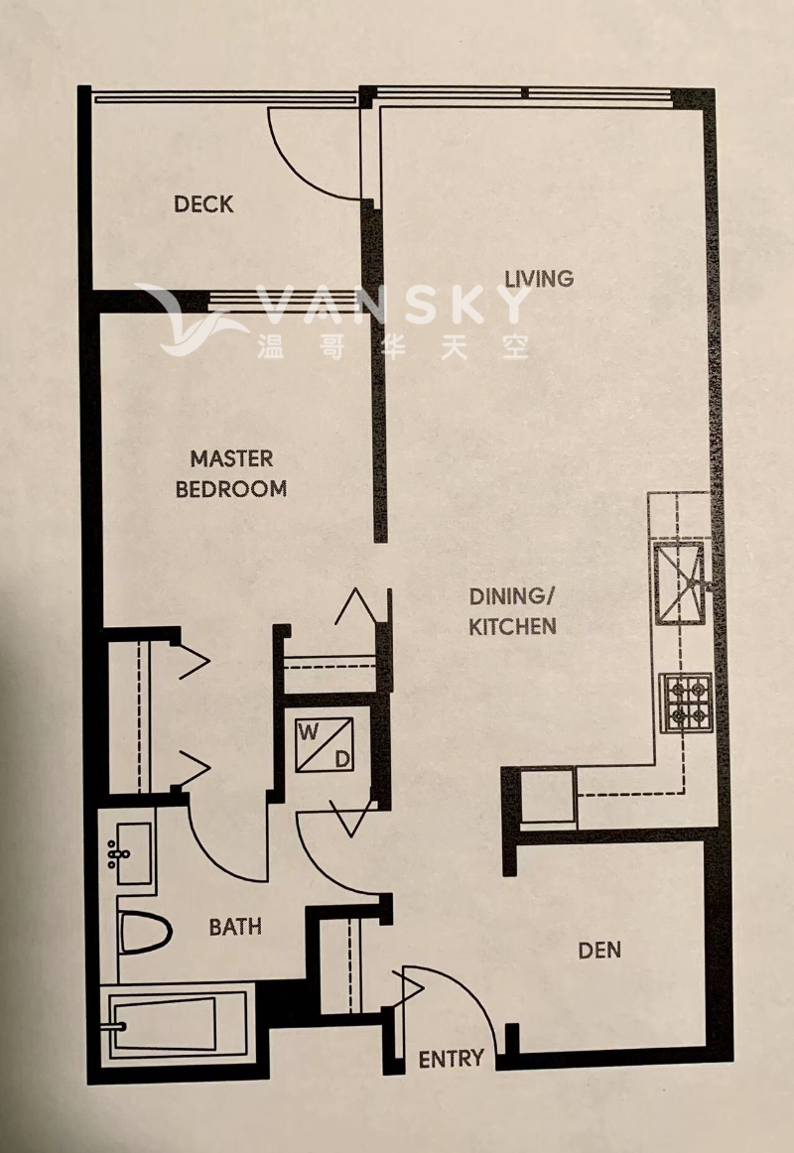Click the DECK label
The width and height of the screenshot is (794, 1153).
(x=204, y=204)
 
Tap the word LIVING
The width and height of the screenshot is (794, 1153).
(x=539, y=278)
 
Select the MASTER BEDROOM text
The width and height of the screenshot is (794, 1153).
(x=231, y=473)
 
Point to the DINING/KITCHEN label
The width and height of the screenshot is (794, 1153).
(x=512, y=611)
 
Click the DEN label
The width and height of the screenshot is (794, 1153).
(x=599, y=950)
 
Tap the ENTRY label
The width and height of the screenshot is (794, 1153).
(x=451, y=1058)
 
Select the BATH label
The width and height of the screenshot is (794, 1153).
(x=235, y=927)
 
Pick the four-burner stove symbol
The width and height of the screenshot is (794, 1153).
(x=686, y=702)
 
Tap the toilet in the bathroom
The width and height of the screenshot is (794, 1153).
(x=144, y=932)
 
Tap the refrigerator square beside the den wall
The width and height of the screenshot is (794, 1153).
(x=545, y=796)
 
